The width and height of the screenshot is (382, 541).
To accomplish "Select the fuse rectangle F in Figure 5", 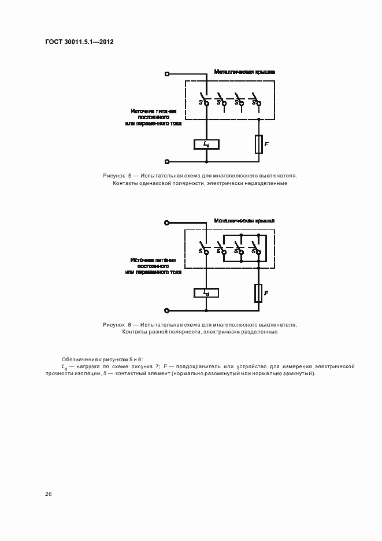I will click(258, 144).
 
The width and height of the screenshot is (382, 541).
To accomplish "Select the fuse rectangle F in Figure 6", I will click(258, 293).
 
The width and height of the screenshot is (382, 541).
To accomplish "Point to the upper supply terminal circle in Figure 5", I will click(167, 74).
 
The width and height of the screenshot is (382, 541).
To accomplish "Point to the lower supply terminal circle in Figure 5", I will click(167, 162).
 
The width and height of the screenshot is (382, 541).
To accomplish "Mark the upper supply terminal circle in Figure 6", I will click(167, 223).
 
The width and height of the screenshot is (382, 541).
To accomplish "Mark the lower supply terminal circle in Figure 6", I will click(167, 310).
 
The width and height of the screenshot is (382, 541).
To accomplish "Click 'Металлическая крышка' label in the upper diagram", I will click(244, 72).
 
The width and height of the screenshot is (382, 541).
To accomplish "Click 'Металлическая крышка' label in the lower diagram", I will click(244, 221).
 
